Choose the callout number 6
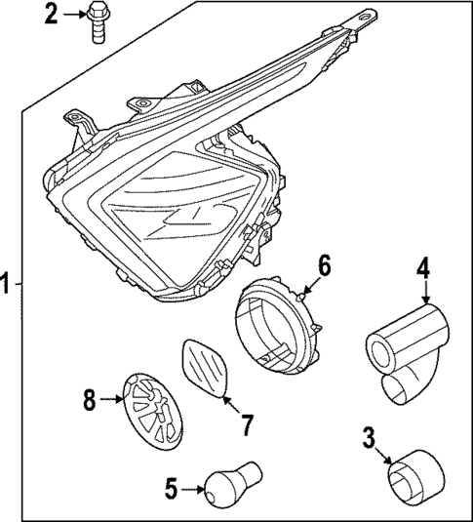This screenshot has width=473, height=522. tap(325, 264)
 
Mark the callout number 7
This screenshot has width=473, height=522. tap(247, 424)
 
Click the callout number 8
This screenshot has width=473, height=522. tap(90, 400)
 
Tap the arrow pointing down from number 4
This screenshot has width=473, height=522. tap(424, 292)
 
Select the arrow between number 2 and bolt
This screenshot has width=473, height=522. tap(73, 14)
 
